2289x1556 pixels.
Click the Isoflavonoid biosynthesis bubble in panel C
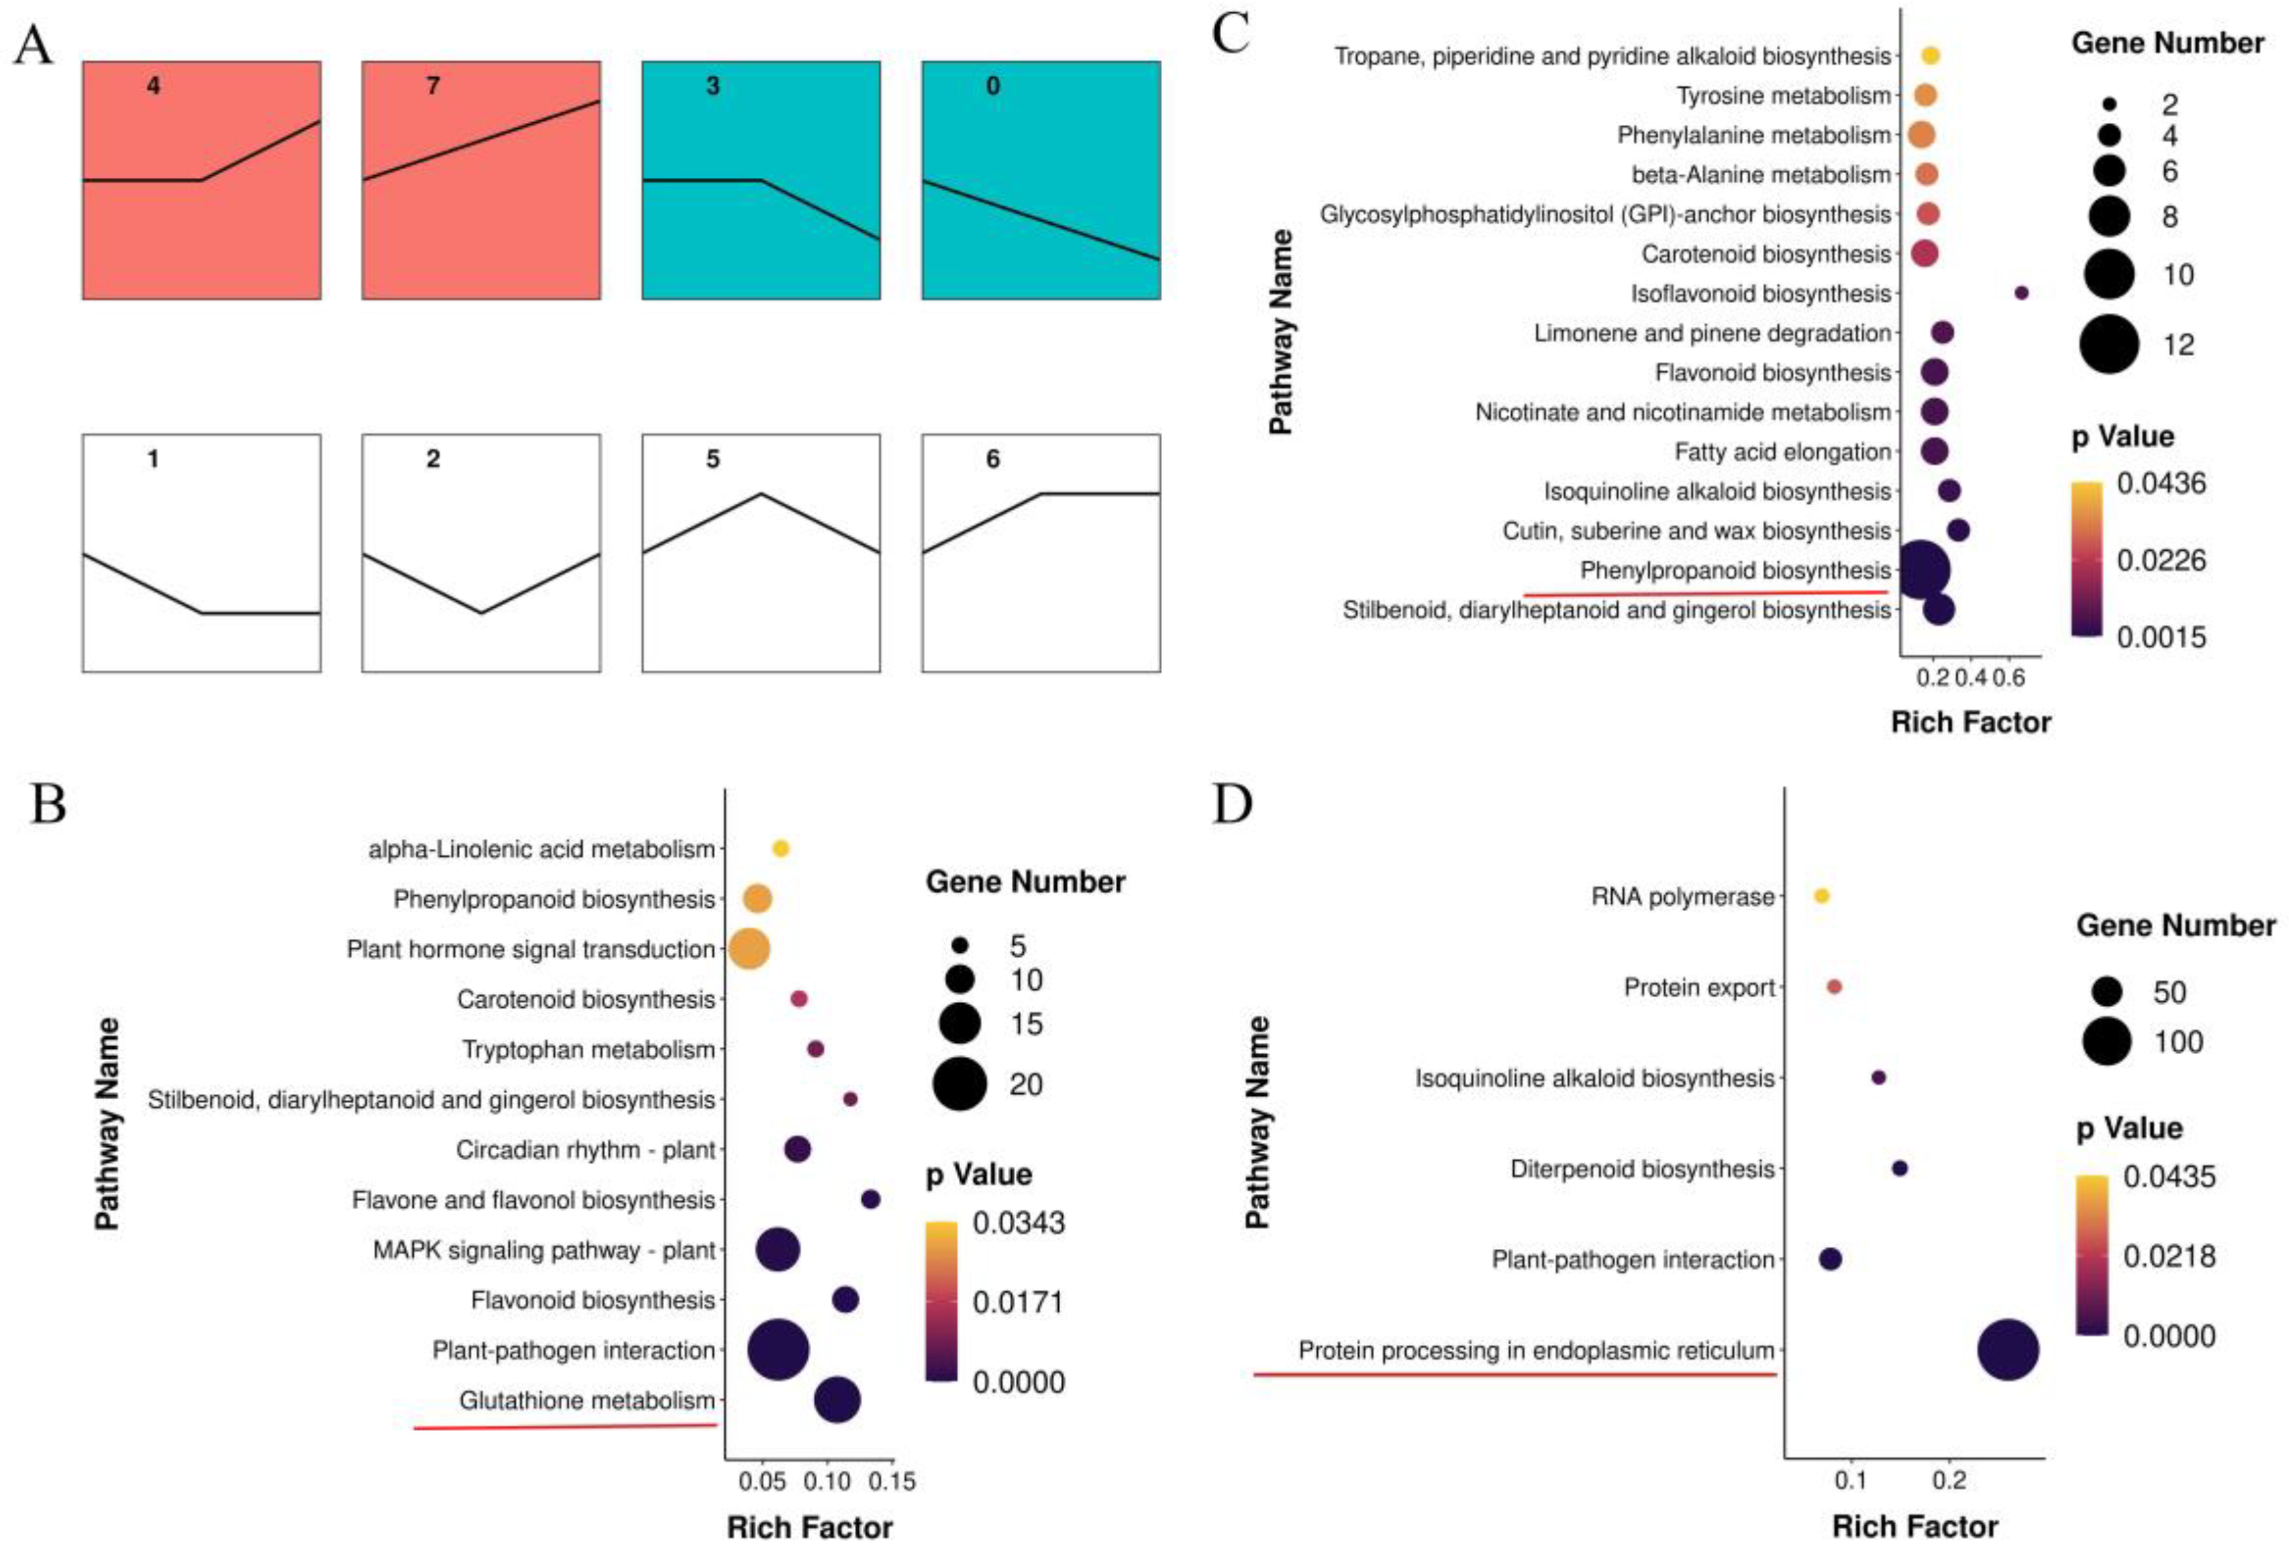tap(2021, 293)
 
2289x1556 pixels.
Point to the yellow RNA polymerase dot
tap(1821, 896)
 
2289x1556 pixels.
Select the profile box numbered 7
tap(480, 180)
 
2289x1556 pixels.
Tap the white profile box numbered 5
tap(760, 552)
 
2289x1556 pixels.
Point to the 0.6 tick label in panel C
tap(2009, 678)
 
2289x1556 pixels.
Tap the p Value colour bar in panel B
tap(941, 1300)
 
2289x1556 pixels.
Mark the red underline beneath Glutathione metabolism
tap(565, 1426)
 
